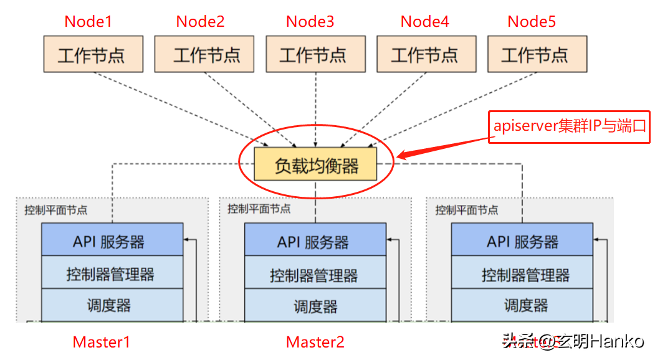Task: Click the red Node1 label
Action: coord(88,22)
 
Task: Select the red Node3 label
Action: coord(310,22)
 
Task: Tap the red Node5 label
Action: coord(532,22)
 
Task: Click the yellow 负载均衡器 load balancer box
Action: coord(316,164)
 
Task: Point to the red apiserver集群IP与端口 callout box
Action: coord(568,127)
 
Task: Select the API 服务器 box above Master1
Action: coord(112,240)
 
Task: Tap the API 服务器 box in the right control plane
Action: coord(522,240)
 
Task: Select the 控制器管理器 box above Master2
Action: coord(315,274)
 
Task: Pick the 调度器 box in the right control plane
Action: coord(522,305)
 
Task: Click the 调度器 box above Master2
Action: coord(315,306)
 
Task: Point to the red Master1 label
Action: coord(102,342)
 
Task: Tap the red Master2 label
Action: coord(315,342)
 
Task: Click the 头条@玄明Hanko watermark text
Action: coord(573,341)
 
